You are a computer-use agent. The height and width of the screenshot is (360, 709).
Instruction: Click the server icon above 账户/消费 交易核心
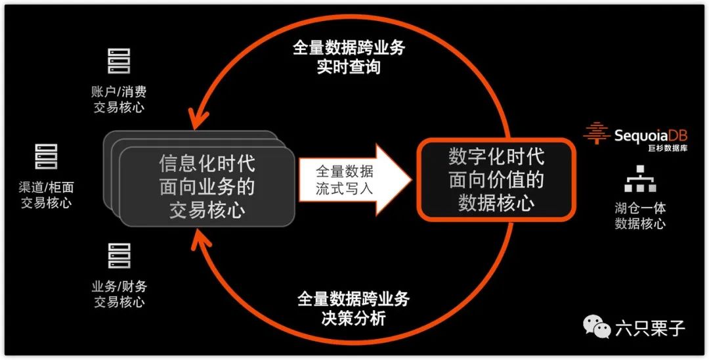coord(119,61)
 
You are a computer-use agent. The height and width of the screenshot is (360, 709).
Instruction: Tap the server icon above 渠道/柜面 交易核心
coord(46,157)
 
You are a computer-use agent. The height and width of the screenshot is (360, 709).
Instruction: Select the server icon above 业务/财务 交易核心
coord(119,256)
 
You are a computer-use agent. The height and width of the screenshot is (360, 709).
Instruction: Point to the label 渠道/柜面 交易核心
coord(46,195)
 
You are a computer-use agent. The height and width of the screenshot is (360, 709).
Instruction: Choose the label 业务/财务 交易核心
coord(119,294)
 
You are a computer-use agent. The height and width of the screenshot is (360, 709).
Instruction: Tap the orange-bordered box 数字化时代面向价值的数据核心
coord(496,179)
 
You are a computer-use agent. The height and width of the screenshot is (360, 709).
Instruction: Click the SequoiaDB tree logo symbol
coord(597,133)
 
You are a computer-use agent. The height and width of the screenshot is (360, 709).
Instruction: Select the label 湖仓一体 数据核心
coord(640,215)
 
